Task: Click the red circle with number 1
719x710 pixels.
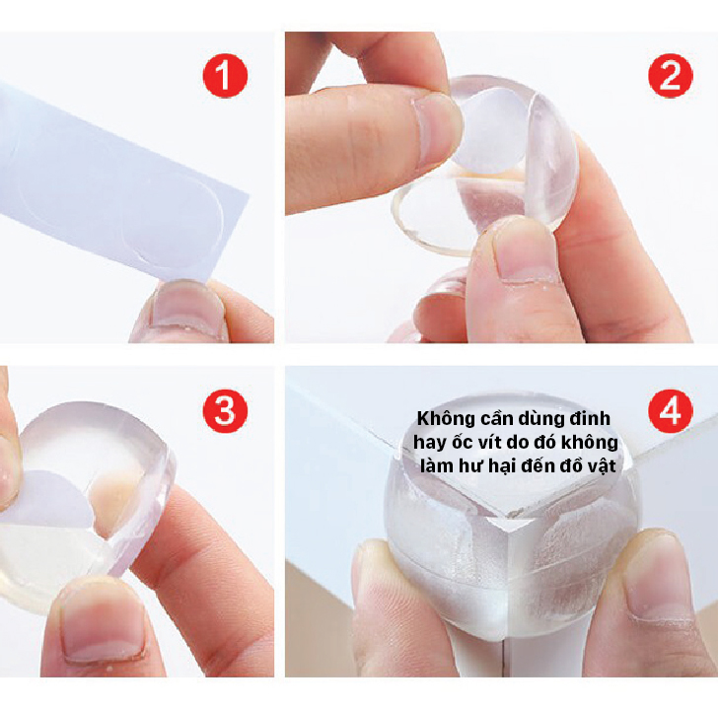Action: click(226, 76)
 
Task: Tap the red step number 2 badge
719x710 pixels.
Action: click(670, 76)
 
